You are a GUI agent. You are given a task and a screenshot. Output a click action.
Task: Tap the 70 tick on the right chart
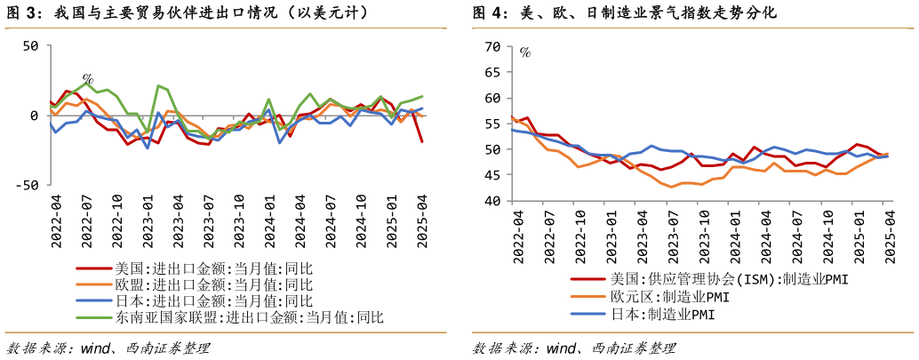coord(494,45)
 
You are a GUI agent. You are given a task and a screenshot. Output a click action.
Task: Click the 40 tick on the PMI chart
coord(494,202)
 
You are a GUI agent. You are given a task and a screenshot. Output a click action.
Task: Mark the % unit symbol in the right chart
coord(525,52)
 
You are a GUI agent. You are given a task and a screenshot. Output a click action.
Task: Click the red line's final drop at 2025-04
coord(421,140)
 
